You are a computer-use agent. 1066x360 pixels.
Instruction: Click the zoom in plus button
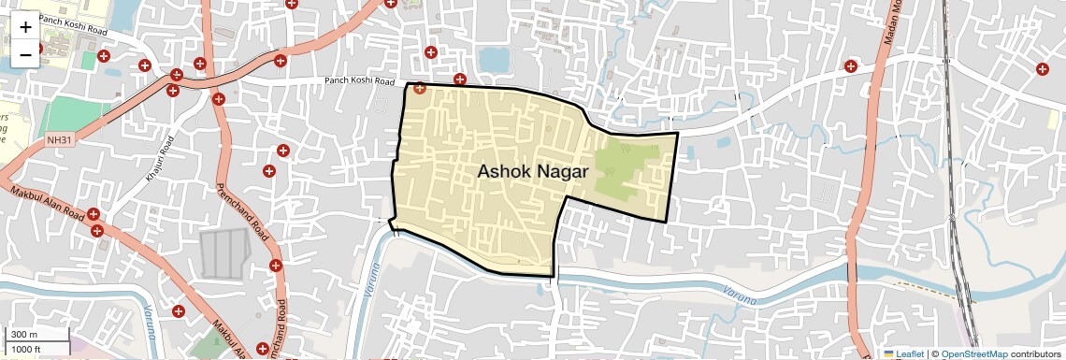pos(25,26)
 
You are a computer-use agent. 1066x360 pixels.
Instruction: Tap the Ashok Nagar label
pos(532,172)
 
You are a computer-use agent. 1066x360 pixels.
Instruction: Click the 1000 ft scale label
pos(26,349)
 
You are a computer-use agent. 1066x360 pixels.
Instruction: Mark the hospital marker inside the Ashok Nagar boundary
pos(420,90)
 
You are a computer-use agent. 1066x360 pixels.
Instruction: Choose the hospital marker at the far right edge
pos(1042,67)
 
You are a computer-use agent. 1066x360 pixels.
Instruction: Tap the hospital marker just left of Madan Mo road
pos(850,66)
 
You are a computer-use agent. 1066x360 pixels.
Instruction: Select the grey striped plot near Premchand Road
pos(224,253)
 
